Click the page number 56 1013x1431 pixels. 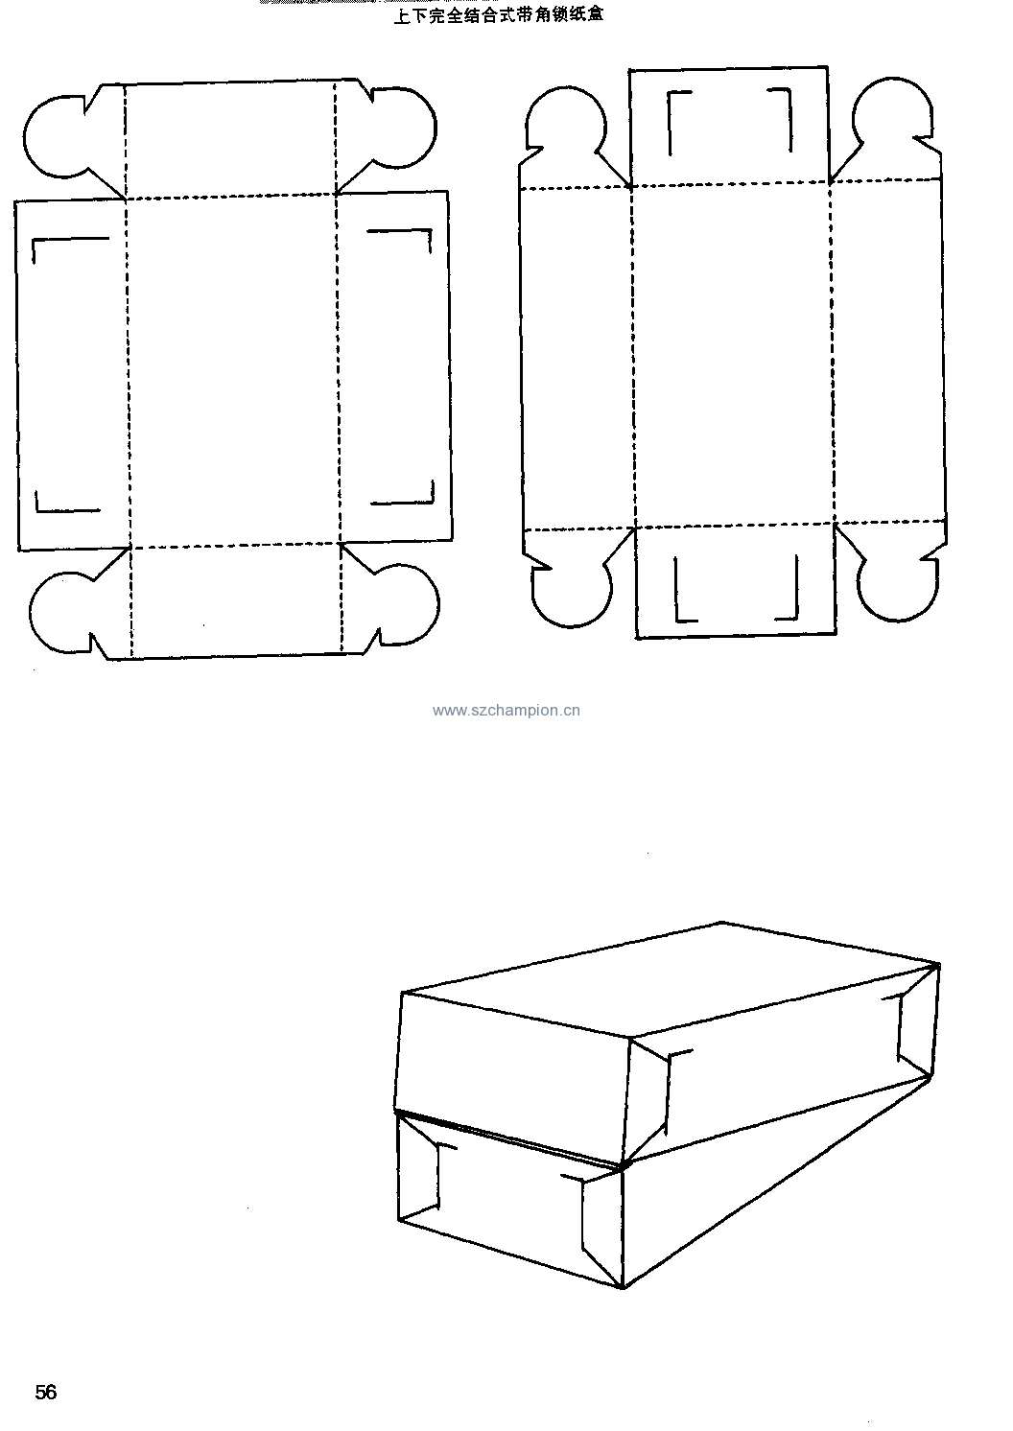46,1392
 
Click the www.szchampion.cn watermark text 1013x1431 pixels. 506,711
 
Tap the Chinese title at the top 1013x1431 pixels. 499,14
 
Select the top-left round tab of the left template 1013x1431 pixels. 55,137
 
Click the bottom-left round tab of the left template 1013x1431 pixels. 60,612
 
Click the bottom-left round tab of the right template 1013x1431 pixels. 572,591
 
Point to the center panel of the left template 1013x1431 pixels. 233,369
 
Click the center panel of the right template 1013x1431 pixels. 733,356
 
